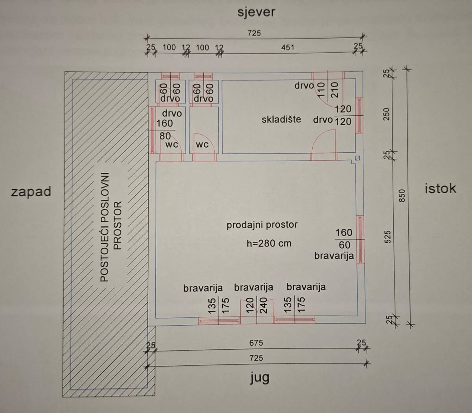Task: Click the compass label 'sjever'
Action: pyautogui.click(x=256, y=13)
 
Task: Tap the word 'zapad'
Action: pyautogui.click(x=31, y=192)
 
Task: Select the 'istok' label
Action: pyautogui.click(x=441, y=189)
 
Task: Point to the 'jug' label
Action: pyautogui.click(x=260, y=378)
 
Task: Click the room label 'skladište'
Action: pyautogui.click(x=281, y=119)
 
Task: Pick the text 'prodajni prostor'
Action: pyautogui.click(x=262, y=225)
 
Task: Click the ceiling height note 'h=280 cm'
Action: pyautogui.click(x=269, y=243)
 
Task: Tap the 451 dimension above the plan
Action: pyautogui.click(x=288, y=48)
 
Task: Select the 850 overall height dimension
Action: pyautogui.click(x=402, y=196)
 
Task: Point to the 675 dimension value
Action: pyautogui.click(x=256, y=343)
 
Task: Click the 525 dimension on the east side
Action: pyautogui.click(x=388, y=237)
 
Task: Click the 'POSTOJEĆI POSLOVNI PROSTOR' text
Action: pyautogui.click(x=111, y=227)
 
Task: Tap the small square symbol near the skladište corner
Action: pyautogui.click(x=358, y=158)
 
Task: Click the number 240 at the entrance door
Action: pyautogui.click(x=264, y=305)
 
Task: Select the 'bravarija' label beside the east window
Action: pyautogui.click(x=334, y=256)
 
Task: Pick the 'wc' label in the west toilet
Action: pyautogui.click(x=171, y=145)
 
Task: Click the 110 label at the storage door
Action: pyautogui.click(x=321, y=90)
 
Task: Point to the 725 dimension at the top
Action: pyautogui.click(x=254, y=33)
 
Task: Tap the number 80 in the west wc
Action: pyautogui.click(x=165, y=136)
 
